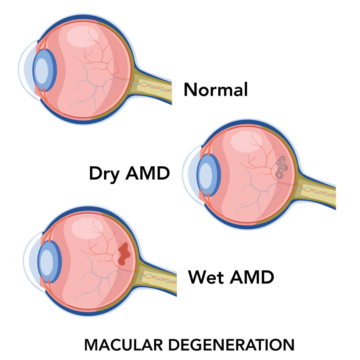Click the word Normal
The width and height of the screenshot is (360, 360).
point(216,90)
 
